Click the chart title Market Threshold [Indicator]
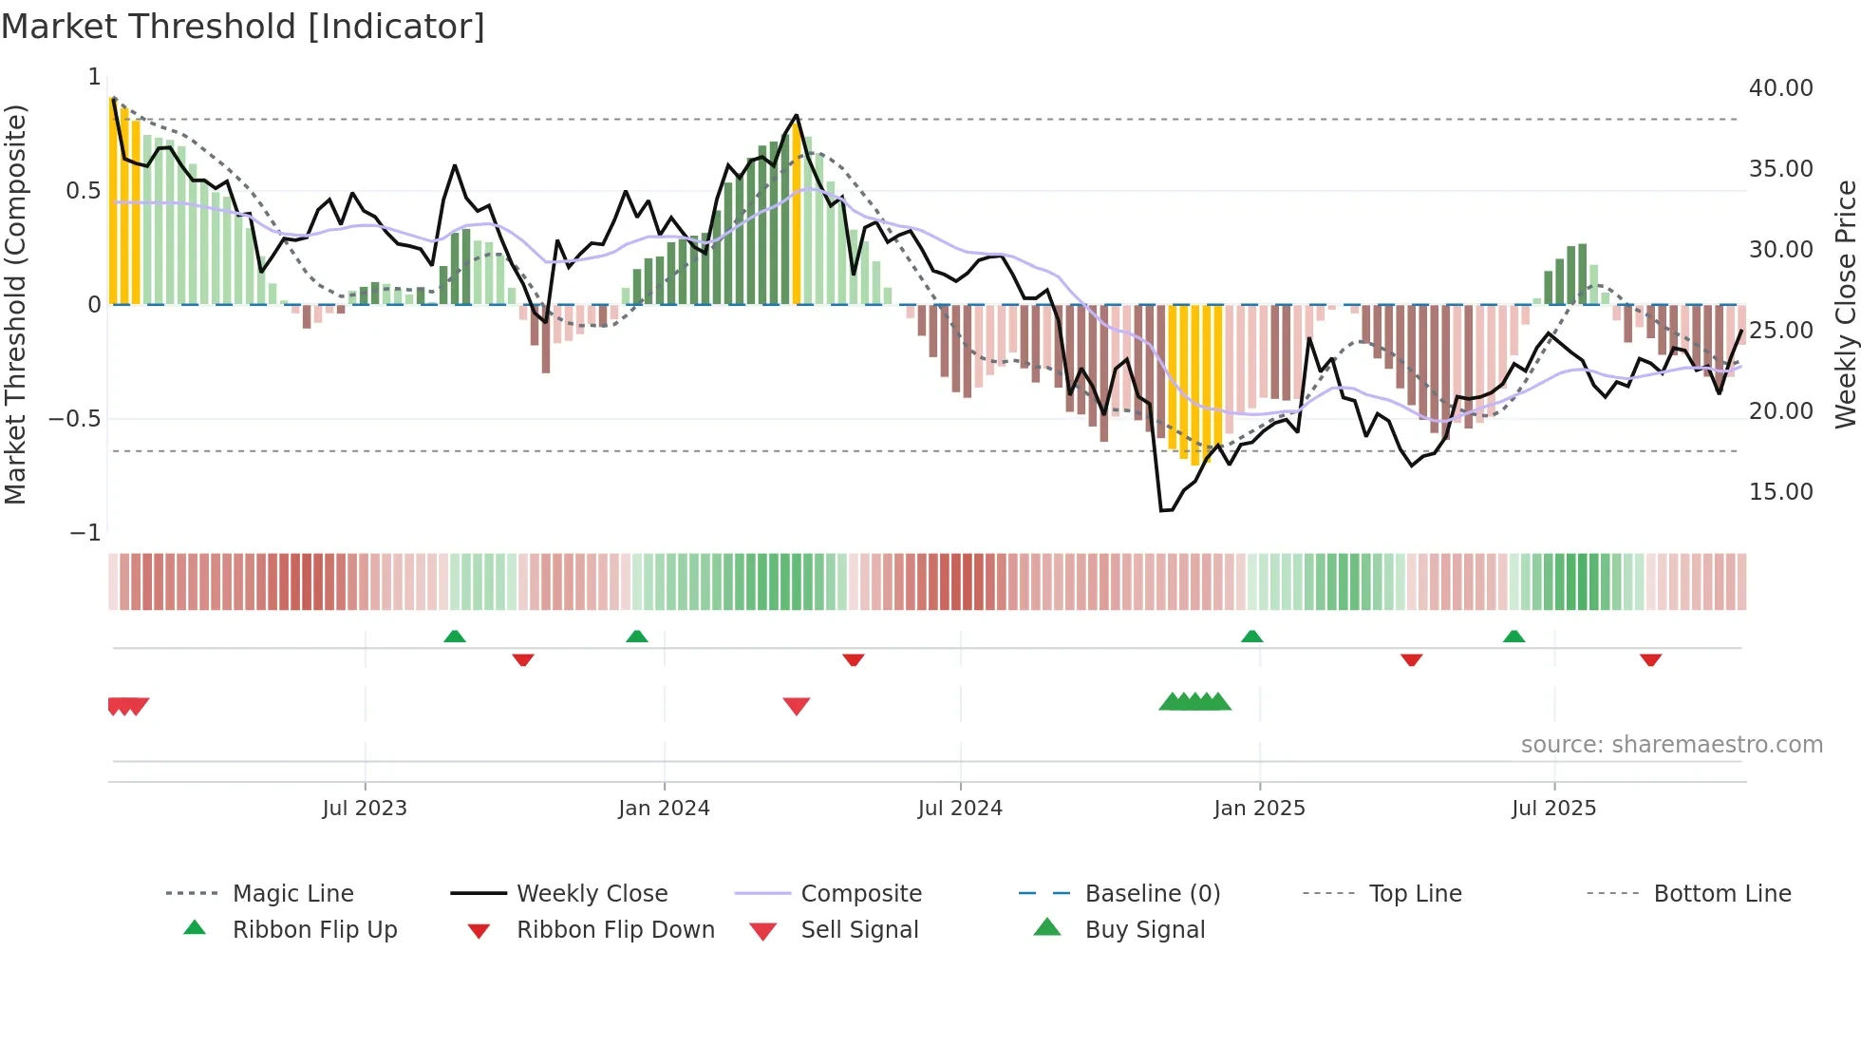click(x=243, y=27)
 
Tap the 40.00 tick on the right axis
click(x=1780, y=88)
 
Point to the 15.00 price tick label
click(x=1780, y=492)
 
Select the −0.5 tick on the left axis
click(x=75, y=419)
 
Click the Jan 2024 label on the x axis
click(x=664, y=809)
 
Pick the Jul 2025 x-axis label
click(x=1553, y=809)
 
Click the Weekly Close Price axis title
click(x=1845, y=304)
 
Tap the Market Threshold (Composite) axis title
click(x=15, y=304)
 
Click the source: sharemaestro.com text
click(x=1671, y=745)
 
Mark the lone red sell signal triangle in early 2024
click(x=796, y=706)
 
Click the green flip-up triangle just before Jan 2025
click(x=1251, y=637)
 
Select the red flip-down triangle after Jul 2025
click(x=1650, y=659)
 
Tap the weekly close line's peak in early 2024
click(x=796, y=116)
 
